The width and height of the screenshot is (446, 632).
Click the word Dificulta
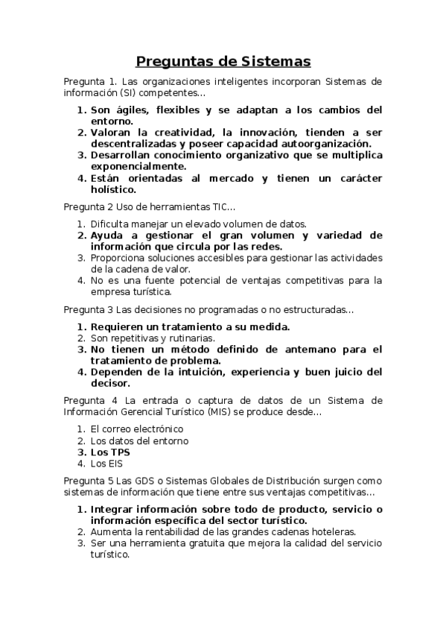(111, 224)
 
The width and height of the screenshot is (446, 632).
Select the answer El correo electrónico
(136, 429)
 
